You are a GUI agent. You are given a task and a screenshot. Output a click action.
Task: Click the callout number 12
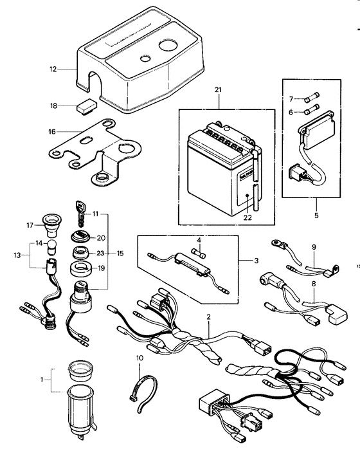[x=53, y=68]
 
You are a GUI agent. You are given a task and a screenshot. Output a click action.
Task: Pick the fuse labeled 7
[x=313, y=98]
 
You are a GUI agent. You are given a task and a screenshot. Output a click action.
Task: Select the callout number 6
[x=291, y=112]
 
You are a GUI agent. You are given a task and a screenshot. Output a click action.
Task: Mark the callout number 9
[x=314, y=247]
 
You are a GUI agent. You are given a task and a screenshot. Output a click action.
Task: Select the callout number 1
[x=43, y=380]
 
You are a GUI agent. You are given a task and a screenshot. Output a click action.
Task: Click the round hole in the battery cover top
[x=168, y=46]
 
